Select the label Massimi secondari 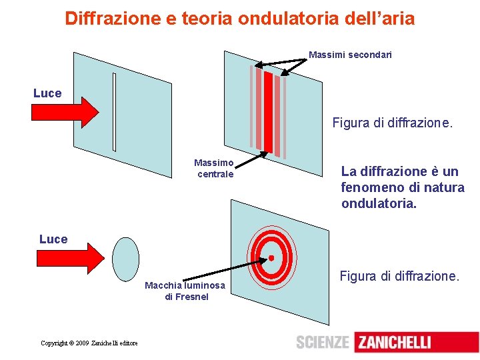click(350, 55)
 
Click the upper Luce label click(47, 93)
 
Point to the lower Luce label click(53, 239)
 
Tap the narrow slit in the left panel click(114, 111)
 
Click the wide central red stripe click(268, 112)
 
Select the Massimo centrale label click(214, 168)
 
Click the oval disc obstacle click(125, 257)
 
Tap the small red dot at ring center click(271, 257)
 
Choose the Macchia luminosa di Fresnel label click(185, 291)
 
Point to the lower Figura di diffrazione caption click(399, 275)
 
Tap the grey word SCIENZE click(323, 343)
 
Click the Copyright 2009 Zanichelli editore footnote click(89, 343)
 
